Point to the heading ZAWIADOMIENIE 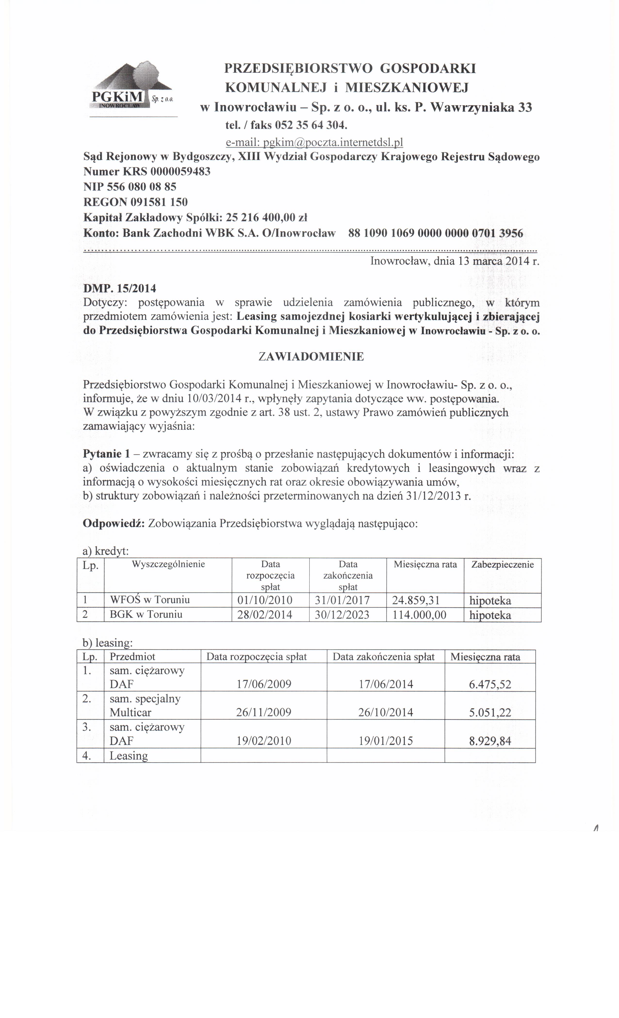tap(311, 357)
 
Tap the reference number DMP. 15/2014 tap(120, 288)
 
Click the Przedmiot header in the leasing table tap(132, 657)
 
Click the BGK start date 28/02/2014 tap(265, 615)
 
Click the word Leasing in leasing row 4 tap(129, 756)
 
